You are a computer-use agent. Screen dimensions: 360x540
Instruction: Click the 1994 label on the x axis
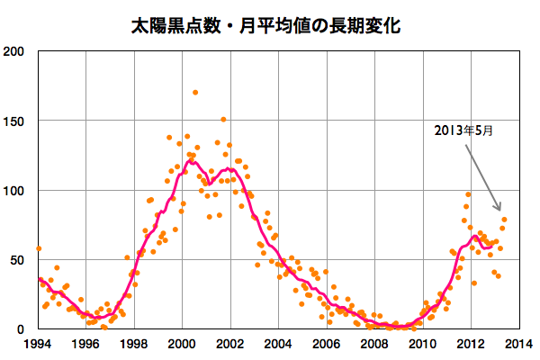click(x=38, y=344)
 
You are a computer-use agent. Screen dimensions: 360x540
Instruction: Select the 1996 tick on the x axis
click(x=86, y=344)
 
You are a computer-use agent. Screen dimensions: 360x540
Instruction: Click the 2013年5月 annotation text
click(x=463, y=130)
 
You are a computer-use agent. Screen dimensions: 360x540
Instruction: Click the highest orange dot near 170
click(x=195, y=93)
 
